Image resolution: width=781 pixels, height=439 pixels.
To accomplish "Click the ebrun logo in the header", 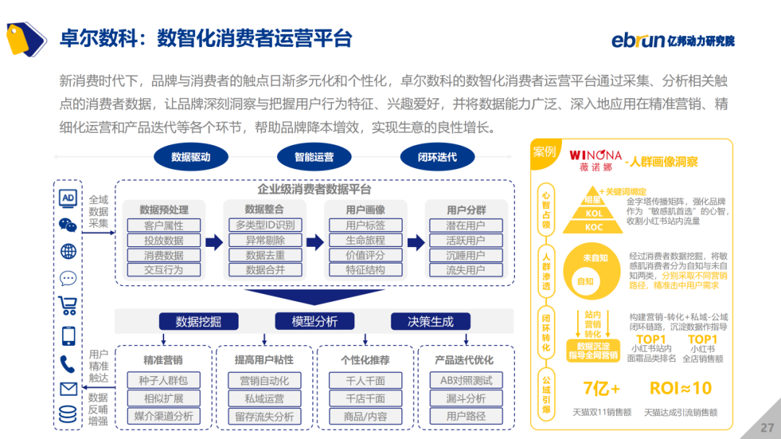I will [x=673, y=40].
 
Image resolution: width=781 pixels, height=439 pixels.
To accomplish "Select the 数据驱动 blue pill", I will [x=191, y=157].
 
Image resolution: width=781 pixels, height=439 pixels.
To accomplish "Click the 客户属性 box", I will [x=163, y=225].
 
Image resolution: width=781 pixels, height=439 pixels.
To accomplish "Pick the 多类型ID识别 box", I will [x=265, y=225].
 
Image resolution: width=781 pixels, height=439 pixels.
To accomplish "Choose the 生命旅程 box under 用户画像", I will [x=365, y=240].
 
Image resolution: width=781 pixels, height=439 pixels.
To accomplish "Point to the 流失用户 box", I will [x=466, y=270].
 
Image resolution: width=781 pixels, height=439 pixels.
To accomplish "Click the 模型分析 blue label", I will [x=315, y=321].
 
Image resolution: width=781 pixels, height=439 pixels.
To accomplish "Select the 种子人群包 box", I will [x=163, y=381].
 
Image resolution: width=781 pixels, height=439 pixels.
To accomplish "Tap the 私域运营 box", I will [x=265, y=399].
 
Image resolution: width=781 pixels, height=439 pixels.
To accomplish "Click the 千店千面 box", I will [x=365, y=399].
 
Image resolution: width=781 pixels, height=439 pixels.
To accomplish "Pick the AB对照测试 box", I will [x=466, y=381].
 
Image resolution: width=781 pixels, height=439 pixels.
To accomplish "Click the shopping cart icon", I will [x=68, y=305].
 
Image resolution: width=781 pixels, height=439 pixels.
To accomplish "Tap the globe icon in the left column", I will [x=68, y=251].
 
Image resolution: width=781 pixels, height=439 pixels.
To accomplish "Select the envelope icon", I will [x=68, y=389].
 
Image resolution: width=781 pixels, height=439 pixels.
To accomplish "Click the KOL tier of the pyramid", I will [x=594, y=214].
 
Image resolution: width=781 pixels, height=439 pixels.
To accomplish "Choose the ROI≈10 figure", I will [x=680, y=388].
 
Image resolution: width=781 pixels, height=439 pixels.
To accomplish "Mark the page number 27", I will [x=767, y=427].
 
